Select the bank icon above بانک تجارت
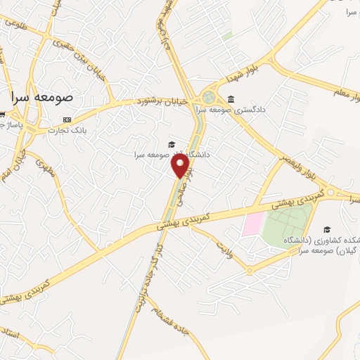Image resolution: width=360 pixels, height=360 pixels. (67, 120)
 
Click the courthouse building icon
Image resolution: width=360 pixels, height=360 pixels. (231, 99)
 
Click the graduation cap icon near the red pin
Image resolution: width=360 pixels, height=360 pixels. (172, 144)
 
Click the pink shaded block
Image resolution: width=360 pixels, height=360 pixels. (252, 224)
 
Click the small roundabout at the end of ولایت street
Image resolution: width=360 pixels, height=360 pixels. (249, 271)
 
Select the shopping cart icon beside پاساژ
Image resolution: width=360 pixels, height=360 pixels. (4, 115)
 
